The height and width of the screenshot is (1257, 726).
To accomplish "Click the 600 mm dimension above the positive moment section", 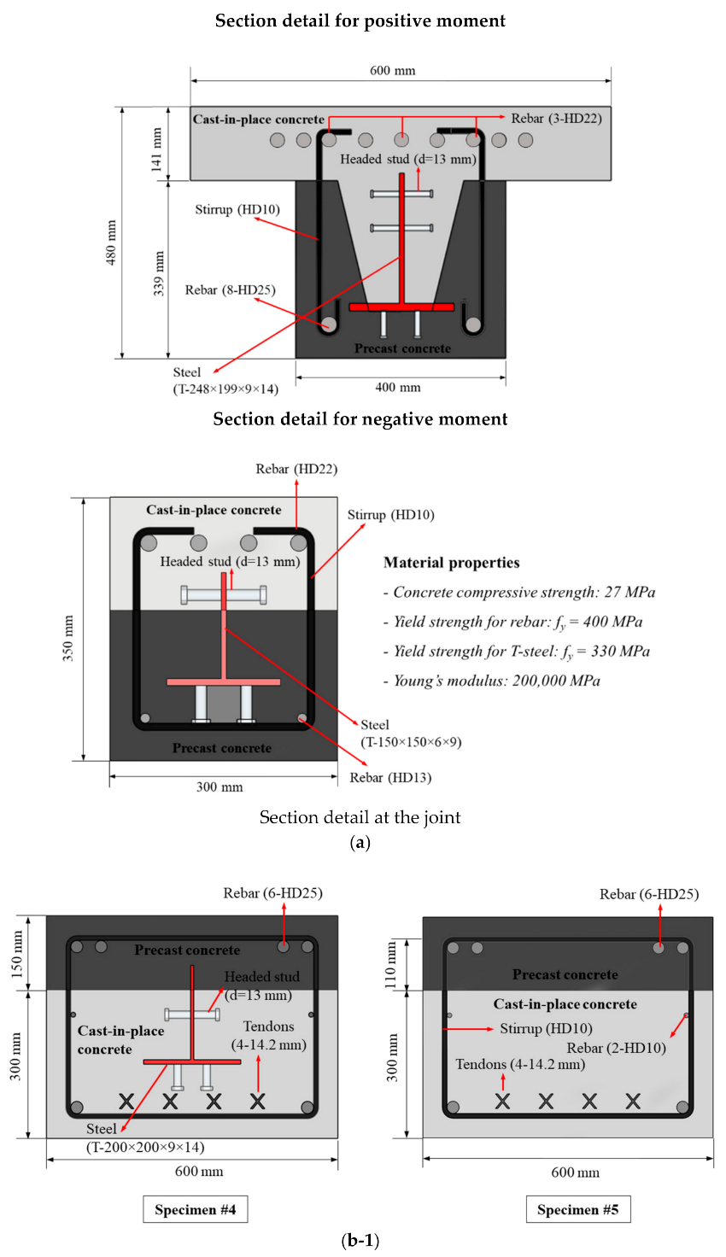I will pos(392,70).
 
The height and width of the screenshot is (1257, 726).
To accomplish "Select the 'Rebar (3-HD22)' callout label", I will pos(556,118).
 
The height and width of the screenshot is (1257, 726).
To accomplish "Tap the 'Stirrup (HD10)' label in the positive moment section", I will pos(237,209).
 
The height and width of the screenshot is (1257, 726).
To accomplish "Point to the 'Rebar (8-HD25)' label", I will pos(230,289).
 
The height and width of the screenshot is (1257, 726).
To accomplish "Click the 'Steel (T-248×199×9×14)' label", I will pos(225,381).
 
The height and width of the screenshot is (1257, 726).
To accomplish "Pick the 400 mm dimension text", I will pos(397,387).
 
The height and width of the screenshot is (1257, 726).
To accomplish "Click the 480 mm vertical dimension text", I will pos(111,243).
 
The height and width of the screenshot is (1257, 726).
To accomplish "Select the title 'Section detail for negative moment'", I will pos(360,418).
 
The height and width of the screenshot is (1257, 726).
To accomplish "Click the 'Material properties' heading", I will pos(451,562).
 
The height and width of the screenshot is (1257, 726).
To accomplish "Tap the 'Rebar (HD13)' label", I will pos(390,777).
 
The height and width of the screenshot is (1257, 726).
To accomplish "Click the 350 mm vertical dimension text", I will pos(69,638).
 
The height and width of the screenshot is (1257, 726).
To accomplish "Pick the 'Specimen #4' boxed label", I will pos(195,1209).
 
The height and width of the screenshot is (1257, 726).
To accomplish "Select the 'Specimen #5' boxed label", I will pos(577,1209).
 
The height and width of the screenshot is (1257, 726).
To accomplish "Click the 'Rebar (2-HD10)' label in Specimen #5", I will pos(616,1048).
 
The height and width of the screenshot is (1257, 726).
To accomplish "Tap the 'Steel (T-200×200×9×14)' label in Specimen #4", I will pos(145,1138).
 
